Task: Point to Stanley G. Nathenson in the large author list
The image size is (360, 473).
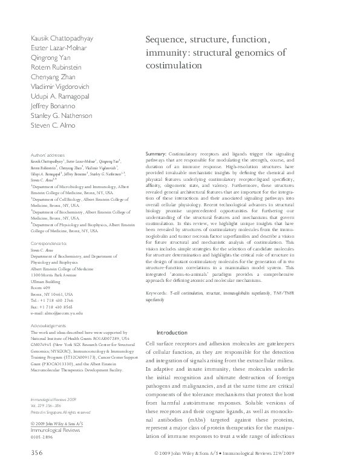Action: coord(61,116)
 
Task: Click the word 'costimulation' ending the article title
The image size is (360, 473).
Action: coord(172,64)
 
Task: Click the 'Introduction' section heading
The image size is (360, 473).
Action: coord(172,333)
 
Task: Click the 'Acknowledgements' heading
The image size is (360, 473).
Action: coord(48,325)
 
